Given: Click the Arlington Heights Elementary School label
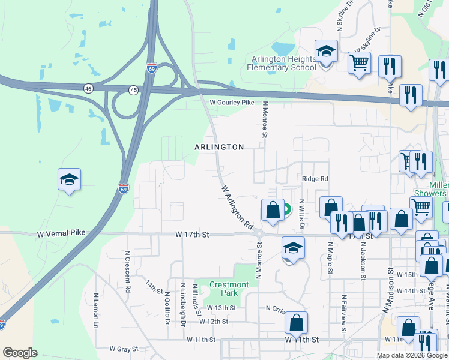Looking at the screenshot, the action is [282, 63].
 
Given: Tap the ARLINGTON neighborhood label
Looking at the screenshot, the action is [219, 147].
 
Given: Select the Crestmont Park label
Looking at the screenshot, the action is [229, 289].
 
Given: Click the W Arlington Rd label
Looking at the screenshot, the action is [237, 207].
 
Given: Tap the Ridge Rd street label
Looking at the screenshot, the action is [315, 179].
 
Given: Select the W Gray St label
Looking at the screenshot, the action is [124, 349].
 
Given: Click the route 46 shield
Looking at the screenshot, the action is [88, 88].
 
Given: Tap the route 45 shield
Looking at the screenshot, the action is [133, 89].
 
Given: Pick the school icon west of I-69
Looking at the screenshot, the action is [69, 179].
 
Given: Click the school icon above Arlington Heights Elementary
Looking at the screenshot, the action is [326, 52].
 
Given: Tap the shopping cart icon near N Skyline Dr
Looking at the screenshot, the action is [359, 62].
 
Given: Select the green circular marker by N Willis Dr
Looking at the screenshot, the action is [286, 210].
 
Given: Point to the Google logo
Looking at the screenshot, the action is [20, 353].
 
